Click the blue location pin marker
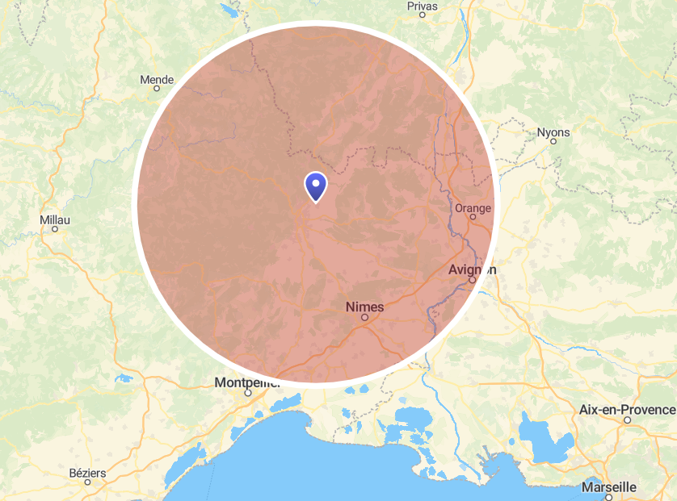[x=315, y=186]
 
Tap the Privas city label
[x=422, y=6]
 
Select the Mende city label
[x=157, y=80]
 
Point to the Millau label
[x=55, y=219]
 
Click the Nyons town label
[x=553, y=132]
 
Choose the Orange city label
[x=473, y=208]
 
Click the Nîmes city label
[x=364, y=307]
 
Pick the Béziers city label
[x=86, y=471]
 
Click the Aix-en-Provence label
[x=627, y=409]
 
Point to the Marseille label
[x=608, y=487]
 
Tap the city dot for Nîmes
[x=364, y=318]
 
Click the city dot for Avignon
[x=472, y=280]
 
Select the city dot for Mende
[x=157, y=89]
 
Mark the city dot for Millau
[x=55, y=229]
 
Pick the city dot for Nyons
[x=553, y=141]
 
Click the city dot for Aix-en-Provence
[x=627, y=420]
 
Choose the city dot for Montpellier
[x=248, y=393]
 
